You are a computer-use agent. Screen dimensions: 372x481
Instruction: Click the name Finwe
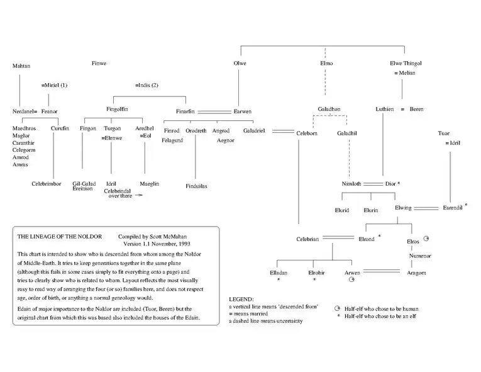coord(99,63)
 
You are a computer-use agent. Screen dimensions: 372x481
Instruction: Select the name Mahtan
coord(21,65)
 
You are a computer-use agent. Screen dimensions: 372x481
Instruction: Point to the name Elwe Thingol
coord(406,63)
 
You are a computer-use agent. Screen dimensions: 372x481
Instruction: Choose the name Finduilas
coord(196,186)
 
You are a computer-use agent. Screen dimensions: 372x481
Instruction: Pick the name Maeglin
coord(149,184)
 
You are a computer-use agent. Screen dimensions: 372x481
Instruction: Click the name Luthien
coord(385,109)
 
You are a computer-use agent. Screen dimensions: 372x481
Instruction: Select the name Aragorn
coord(416,273)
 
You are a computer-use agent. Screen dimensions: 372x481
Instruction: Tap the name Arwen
coord(353,273)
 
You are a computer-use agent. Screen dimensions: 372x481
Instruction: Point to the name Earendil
coord(452,207)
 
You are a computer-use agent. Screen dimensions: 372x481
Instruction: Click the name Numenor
coord(419,256)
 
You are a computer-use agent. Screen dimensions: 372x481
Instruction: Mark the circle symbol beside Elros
coord(426,239)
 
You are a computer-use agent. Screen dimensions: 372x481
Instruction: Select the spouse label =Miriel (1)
coord(54,84)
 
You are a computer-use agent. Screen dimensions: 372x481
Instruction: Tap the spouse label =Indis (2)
coord(147,84)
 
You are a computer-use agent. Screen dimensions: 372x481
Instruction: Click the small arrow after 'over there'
coord(138,196)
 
